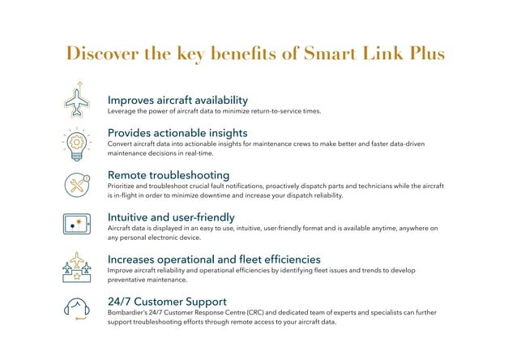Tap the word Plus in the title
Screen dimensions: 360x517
(x=425, y=54)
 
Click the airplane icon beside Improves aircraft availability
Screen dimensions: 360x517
(x=77, y=101)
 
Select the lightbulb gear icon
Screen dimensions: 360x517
(x=77, y=144)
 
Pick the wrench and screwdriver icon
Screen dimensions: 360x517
(x=77, y=185)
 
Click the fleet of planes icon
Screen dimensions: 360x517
(x=77, y=268)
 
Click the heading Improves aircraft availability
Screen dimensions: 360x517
(x=177, y=100)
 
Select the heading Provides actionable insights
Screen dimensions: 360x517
(x=177, y=132)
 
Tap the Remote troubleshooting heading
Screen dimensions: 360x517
(x=169, y=174)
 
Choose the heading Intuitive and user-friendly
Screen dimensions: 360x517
(x=171, y=216)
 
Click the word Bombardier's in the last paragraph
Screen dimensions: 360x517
(x=127, y=312)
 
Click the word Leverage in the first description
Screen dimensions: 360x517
(x=122, y=112)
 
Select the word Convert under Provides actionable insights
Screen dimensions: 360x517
(x=121, y=144)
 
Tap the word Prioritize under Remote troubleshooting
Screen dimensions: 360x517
(x=123, y=186)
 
